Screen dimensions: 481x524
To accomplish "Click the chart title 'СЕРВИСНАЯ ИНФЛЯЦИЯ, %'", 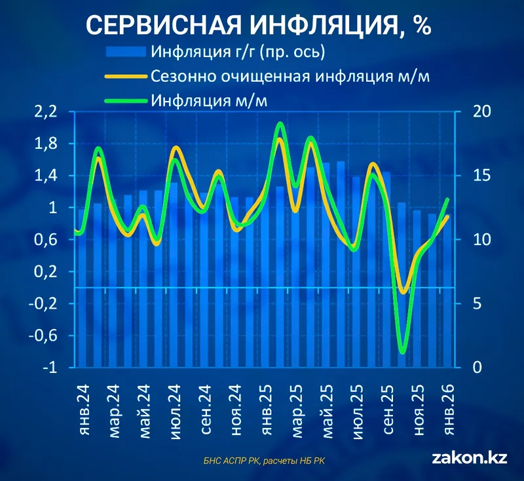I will [x=258, y=24].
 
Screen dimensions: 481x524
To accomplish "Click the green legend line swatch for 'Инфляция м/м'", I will [x=124, y=101].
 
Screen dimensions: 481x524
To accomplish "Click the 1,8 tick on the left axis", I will [x=47, y=144].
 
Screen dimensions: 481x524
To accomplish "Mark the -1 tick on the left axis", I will [x=49, y=368].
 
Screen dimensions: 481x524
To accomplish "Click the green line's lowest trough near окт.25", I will [x=403, y=352].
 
